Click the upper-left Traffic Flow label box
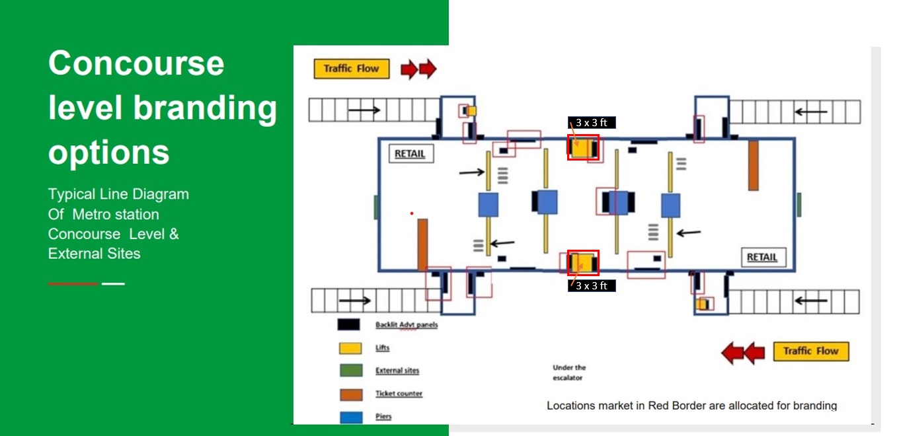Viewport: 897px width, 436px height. click(x=351, y=69)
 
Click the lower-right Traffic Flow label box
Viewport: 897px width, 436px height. click(x=811, y=351)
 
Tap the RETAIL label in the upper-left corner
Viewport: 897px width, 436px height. click(x=411, y=154)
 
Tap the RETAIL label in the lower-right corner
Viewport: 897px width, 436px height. click(x=763, y=257)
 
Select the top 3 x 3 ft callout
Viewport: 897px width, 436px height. click(x=592, y=122)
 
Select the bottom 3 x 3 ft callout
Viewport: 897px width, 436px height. click(x=592, y=285)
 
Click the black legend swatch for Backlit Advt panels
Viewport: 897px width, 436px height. click(x=348, y=325)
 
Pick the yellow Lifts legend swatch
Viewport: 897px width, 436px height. click(x=350, y=348)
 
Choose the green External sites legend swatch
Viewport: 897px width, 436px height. click(x=351, y=371)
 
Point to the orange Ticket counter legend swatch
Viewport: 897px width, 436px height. click(x=351, y=394)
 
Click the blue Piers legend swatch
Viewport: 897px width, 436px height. click(x=351, y=418)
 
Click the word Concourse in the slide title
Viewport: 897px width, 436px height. click(x=136, y=63)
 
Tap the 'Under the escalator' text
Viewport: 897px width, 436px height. click(x=569, y=373)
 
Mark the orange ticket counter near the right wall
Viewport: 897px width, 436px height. click(x=754, y=165)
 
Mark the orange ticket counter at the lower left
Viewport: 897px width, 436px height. click(x=422, y=244)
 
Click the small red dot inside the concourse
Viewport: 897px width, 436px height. click(x=412, y=213)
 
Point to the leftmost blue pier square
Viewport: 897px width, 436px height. click(x=488, y=205)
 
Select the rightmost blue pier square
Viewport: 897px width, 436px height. click(x=670, y=206)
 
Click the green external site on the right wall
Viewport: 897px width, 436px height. click(x=799, y=205)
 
